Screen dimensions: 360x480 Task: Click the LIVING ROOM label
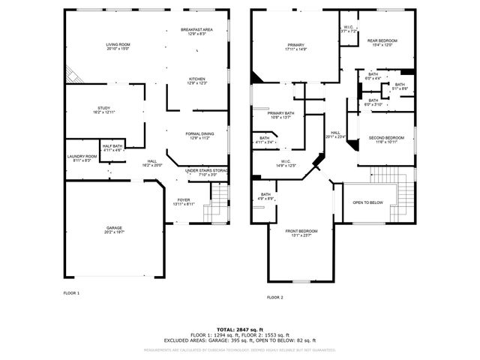tap(118, 45)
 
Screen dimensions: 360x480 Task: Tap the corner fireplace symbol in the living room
tap(72, 75)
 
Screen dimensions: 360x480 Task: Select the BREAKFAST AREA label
tap(196, 30)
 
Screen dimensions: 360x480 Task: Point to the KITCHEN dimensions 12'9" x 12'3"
tap(196, 82)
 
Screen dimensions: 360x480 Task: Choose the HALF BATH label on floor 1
tap(112, 146)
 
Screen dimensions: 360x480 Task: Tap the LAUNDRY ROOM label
tap(82, 157)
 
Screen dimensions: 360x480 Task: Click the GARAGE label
tap(114, 228)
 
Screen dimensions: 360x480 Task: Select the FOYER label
tap(184, 200)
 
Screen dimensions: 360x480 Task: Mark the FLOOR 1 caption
tap(71, 293)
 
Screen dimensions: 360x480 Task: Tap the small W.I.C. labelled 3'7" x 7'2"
tap(349, 29)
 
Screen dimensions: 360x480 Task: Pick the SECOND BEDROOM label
tap(386, 138)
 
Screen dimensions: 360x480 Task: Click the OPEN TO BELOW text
tap(367, 202)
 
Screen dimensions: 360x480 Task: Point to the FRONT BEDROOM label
tap(301, 231)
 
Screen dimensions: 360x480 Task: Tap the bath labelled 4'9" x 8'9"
tap(260, 196)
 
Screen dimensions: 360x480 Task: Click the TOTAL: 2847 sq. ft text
tap(240, 328)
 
